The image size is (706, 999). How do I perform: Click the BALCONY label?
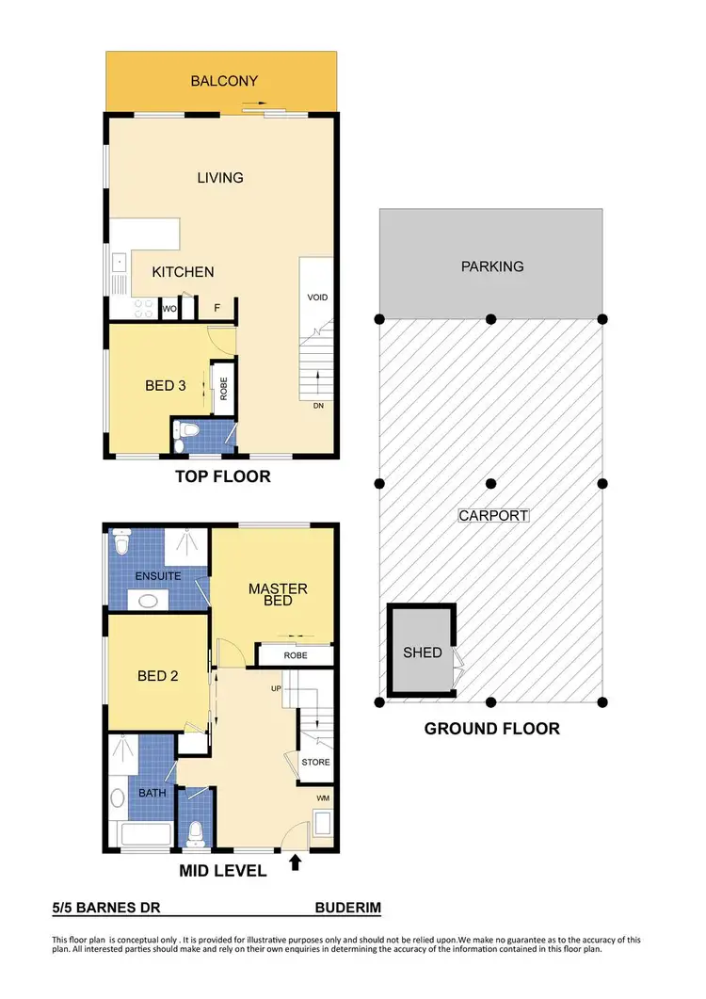pyautogui.click(x=224, y=81)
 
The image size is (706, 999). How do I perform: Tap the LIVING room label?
pyautogui.click(x=220, y=177)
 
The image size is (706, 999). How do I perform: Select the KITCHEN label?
pyautogui.click(x=184, y=272)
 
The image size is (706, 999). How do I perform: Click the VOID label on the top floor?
pyautogui.click(x=317, y=298)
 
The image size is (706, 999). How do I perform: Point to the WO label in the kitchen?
pyautogui.click(x=170, y=308)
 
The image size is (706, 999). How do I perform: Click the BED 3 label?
pyautogui.click(x=166, y=385)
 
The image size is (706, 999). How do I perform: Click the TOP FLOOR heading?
pyautogui.click(x=223, y=476)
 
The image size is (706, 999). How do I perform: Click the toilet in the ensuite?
pyautogui.click(x=120, y=543)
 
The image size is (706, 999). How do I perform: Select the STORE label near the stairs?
pyautogui.click(x=314, y=763)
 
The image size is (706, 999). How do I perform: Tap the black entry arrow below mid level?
pyautogui.click(x=298, y=861)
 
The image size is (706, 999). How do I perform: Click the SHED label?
pyautogui.click(x=423, y=652)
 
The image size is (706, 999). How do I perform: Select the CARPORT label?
pyautogui.click(x=493, y=516)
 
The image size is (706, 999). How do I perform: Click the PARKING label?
pyautogui.click(x=491, y=266)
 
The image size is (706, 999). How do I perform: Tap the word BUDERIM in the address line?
pyautogui.click(x=347, y=909)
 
